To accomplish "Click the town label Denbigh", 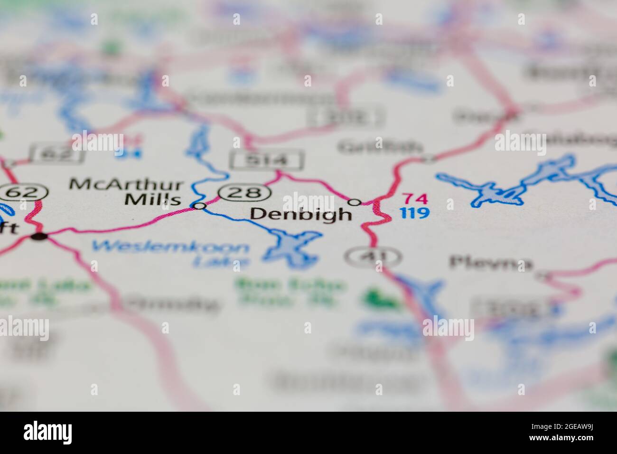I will (x=301, y=215).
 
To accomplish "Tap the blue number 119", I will (x=414, y=213).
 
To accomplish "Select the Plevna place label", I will (x=491, y=263).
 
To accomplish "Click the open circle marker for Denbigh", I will (x=354, y=202).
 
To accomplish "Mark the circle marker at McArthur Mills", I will (x=200, y=206).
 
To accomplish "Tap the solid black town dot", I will (x=40, y=236).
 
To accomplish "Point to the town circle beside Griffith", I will (x=429, y=159).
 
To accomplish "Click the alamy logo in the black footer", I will (x=47, y=433).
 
